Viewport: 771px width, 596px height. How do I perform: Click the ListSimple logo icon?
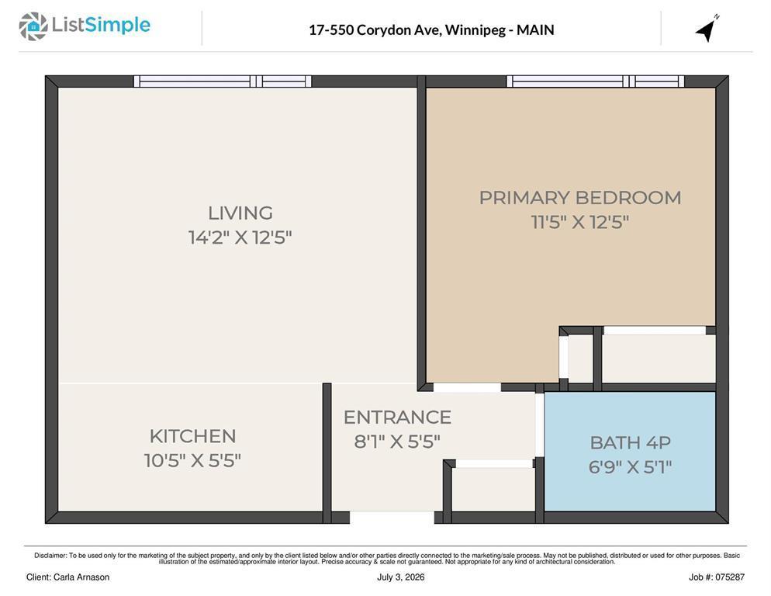tap(33, 26)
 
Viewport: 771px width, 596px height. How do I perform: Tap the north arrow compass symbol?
tap(707, 29)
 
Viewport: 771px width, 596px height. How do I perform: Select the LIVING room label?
tap(240, 213)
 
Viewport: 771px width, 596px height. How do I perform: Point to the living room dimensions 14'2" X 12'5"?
tap(240, 237)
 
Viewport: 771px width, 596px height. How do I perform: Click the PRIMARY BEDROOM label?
tap(580, 198)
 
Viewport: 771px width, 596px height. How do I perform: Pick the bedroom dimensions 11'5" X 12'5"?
tap(579, 222)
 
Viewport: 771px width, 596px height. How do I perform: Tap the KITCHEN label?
tap(192, 436)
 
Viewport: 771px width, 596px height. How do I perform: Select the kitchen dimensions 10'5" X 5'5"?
tap(192, 461)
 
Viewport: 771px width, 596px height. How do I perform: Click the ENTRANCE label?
tap(397, 418)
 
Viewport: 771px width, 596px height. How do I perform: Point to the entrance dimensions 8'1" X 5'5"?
tap(397, 442)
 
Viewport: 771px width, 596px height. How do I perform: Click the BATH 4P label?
tap(631, 442)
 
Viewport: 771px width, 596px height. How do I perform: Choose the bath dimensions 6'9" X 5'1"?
tap(631, 466)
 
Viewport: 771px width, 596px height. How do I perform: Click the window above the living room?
tap(223, 81)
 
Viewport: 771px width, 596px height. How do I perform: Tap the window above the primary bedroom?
tap(596, 81)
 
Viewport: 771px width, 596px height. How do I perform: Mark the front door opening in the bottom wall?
tap(392, 518)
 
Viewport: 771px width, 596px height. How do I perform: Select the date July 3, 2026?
tap(401, 577)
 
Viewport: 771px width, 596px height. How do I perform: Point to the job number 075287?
tap(730, 577)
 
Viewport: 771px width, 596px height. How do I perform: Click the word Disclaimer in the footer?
tap(50, 556)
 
